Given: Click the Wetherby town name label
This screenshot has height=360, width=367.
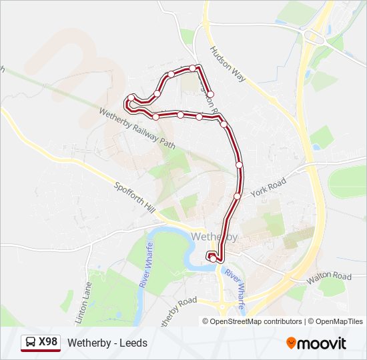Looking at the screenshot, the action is click(214, 237).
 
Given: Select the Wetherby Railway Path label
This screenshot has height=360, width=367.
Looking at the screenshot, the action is click(137, 127).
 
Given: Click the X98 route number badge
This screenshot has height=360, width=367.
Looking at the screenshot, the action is click(48, 342).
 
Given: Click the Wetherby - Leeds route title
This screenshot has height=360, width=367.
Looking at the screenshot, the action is click(106, 343).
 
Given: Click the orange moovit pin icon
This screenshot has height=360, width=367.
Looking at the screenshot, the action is click(291, 343).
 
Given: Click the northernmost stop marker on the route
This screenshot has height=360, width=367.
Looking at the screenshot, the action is click(194, 68).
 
